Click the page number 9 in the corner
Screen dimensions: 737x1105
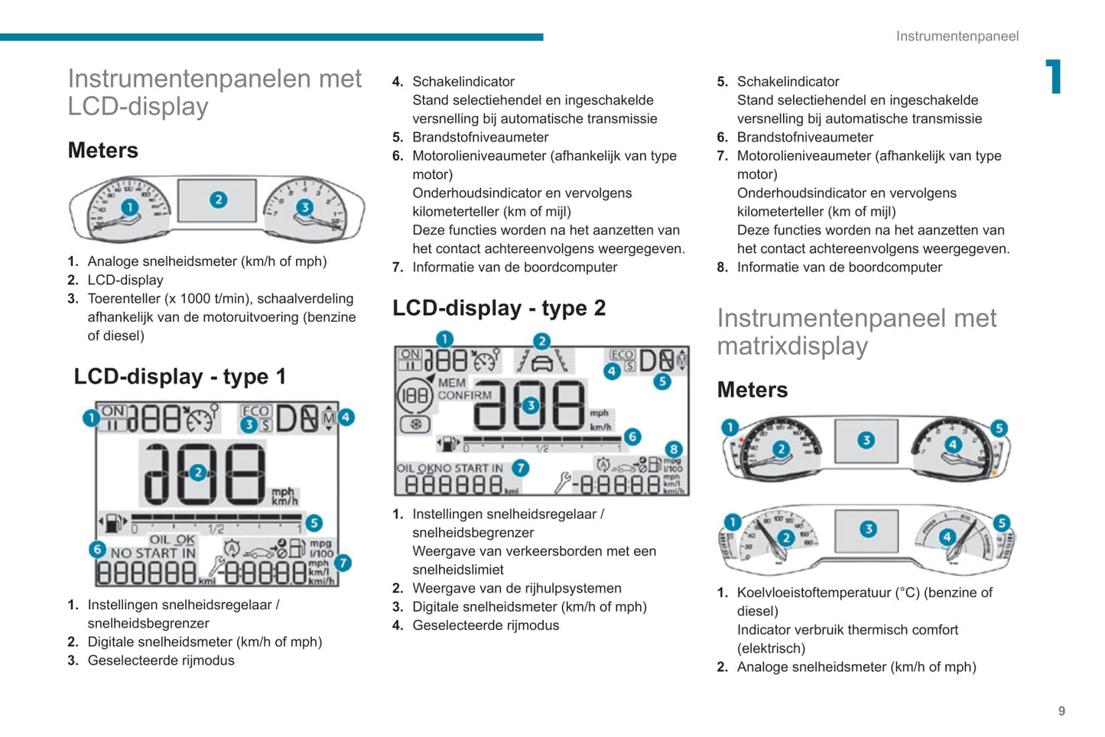1061,711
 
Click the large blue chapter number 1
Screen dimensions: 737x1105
1054,76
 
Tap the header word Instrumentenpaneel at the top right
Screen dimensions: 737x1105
957,36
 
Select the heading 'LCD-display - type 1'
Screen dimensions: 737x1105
180,376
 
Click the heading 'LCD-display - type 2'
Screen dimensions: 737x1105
499,308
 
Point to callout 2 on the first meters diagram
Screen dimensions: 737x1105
218,200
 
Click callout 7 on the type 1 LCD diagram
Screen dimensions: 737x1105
343,563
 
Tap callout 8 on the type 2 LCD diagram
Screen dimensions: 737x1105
673,450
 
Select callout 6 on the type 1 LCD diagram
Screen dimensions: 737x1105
97,548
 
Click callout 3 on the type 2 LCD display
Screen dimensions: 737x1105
530,405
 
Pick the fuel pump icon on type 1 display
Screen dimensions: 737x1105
113,524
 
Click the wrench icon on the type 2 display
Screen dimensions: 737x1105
563,482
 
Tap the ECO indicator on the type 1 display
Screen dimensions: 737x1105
256,411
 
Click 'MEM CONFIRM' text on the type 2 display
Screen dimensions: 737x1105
464,389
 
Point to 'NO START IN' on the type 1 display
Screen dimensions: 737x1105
153,553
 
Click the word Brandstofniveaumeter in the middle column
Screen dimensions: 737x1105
480,138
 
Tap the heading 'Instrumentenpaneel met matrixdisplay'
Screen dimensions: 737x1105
856,332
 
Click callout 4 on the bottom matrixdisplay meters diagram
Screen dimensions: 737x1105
947,536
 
